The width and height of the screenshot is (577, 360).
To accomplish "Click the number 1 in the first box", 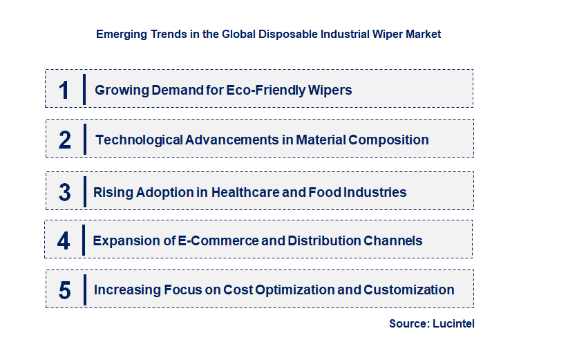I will (64, 91).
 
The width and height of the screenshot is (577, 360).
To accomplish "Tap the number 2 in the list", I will (65, 140).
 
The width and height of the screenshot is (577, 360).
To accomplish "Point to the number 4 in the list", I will (64, 241).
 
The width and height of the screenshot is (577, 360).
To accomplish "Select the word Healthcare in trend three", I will (245, 192).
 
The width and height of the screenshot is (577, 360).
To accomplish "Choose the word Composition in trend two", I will (388, 140).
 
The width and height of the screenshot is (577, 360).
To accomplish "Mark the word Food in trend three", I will (325, 192).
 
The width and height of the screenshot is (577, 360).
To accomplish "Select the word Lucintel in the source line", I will (454, 323).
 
